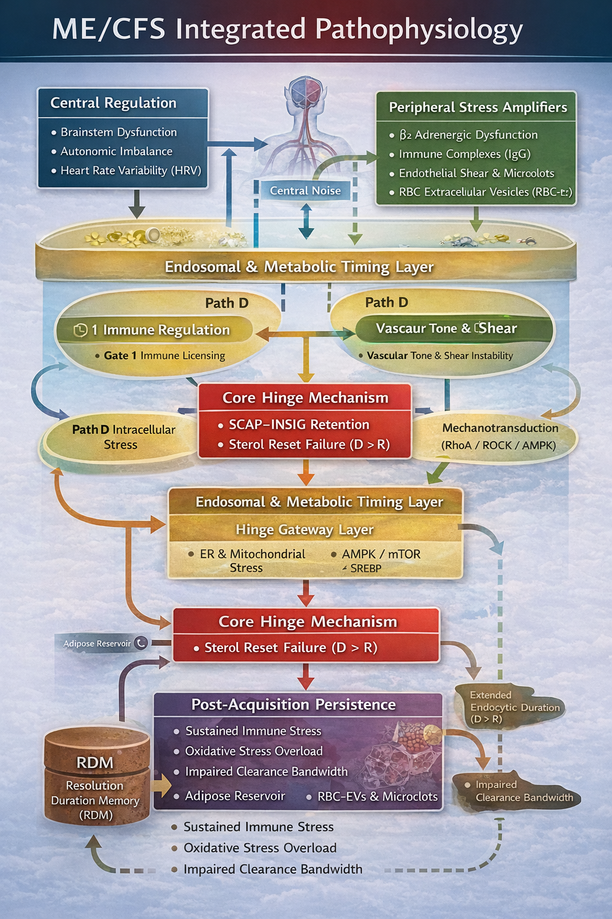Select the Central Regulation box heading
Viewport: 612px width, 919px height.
[113, 103]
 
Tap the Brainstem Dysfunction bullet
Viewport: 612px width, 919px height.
[118, 132]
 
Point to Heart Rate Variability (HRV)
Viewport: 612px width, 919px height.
[130, 171]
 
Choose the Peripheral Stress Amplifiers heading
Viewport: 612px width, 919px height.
[478, 107]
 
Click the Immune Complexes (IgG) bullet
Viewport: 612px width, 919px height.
[464, 154]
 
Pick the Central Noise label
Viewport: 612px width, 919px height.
[305, 190]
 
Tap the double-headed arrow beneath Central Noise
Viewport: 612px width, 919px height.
[306, 220]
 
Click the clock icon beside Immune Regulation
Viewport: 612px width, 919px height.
[80, 330]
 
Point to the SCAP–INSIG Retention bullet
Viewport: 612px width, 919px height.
[299, 424]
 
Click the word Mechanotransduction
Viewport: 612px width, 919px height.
[500, 428]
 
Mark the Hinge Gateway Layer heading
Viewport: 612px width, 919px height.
[304, 530]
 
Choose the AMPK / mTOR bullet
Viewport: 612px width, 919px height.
[381, 554]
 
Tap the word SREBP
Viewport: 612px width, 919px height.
[365, 568]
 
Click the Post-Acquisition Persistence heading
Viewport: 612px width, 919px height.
[293, 704]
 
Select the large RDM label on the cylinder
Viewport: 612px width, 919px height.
[95, 762]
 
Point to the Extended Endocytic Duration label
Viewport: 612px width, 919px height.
[514, 707]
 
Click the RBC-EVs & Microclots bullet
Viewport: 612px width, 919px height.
[377, 796]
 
